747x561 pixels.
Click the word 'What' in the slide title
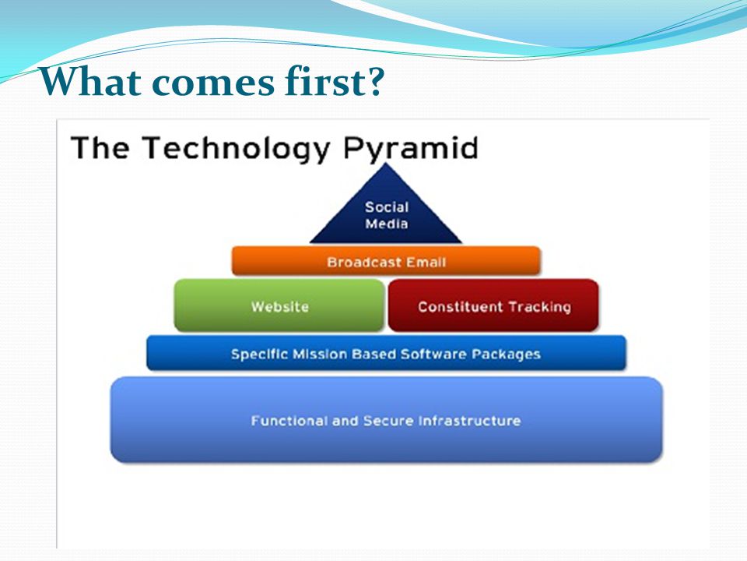[89, 82]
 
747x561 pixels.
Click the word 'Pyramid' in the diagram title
[410, 148]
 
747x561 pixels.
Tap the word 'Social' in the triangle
[387, 207]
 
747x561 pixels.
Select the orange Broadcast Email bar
[386, 261]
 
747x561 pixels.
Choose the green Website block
[279, 305]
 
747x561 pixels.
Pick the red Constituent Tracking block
[493, 305]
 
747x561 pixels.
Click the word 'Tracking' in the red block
[539, 307]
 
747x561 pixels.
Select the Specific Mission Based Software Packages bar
[387, 353]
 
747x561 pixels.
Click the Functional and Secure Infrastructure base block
[387, 420]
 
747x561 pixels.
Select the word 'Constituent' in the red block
[460, 307]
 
